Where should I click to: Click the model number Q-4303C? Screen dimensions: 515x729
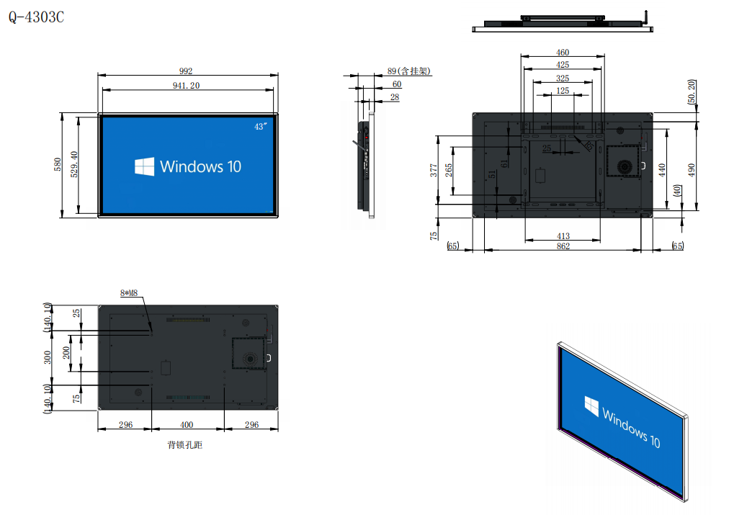point(36,17)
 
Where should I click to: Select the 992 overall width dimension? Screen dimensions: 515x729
point(186,71)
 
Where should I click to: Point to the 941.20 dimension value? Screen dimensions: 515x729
point(186,86)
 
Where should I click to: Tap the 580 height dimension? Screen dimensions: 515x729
point(58,165)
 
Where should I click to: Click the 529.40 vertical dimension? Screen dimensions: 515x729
point(74,165)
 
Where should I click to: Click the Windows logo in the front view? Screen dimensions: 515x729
point(144,167)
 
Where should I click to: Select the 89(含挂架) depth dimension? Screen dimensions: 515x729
point(408,71)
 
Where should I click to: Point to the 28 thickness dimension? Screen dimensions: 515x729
point(394,97)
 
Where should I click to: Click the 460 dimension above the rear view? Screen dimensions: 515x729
point(563,53)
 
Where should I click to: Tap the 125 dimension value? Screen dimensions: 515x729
point(563,91)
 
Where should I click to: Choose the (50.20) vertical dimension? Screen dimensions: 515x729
point(692,94)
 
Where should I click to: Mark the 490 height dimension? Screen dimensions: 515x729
point(692,169)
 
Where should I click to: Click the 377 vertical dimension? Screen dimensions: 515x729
point(434,170)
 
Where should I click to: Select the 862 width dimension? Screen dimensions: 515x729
point(563,246)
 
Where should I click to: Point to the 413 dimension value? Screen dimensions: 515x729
point(563,236)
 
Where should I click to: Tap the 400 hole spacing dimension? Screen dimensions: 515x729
point(187,425)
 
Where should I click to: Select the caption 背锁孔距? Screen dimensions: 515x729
point(185,445)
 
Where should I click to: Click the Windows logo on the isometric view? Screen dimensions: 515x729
point(591,406)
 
